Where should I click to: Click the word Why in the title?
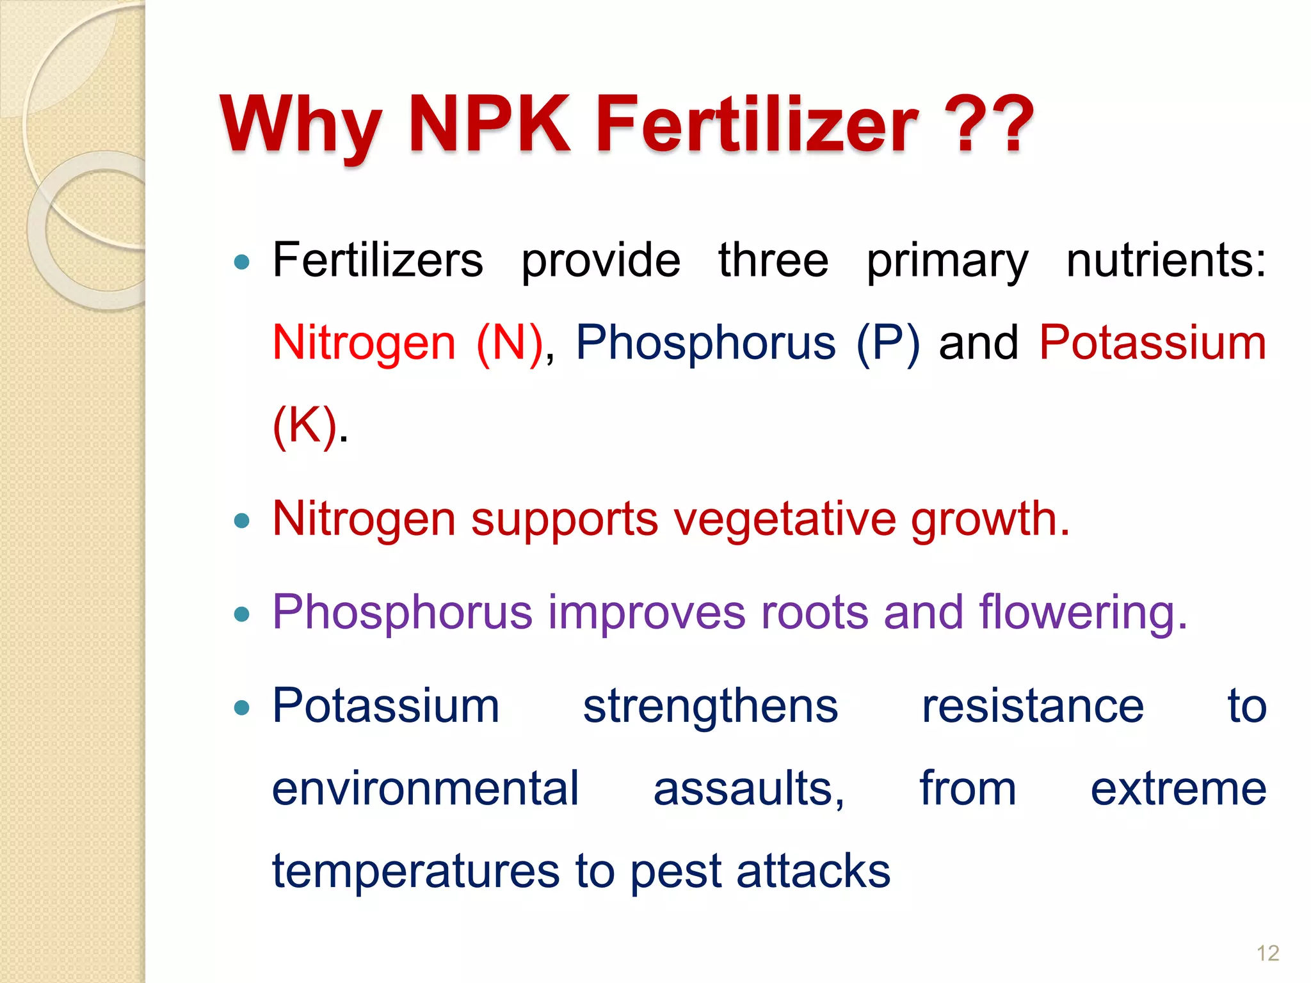(x=300, y=125)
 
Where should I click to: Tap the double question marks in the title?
(x=994, y=125)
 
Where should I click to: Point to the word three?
(x=773, y=260)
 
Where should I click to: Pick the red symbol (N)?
(x=510, y=343)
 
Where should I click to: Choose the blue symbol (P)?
(x=888, y=343)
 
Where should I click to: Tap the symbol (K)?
(x=305, y=425)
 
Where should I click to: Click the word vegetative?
(x=785, y=520)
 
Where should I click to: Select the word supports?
(x=565, y=520)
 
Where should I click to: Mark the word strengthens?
(x=710, y=707)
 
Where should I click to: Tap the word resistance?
(x=1032, y=707)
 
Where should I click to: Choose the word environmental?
(x=426, y=788)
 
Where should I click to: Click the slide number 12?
(x=1267, y=953)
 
